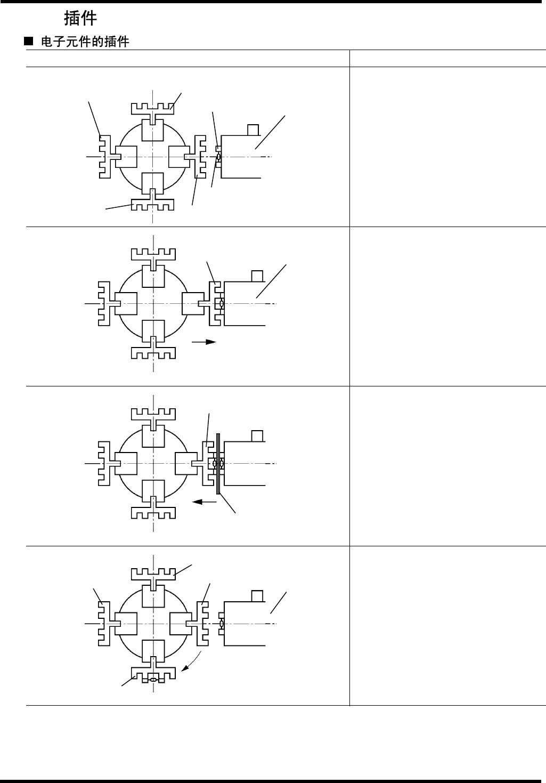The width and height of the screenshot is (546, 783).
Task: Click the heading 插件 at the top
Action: coord(80,19)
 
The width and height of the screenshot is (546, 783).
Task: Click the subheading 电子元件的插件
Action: coord(85,42)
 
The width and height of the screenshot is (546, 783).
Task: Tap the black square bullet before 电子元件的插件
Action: coord(29,41)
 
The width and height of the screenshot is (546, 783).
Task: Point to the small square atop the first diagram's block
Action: coord(254,130)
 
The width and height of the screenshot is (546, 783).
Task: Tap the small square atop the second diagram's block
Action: coord(257,276)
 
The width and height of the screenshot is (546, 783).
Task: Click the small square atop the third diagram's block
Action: coord(257,435)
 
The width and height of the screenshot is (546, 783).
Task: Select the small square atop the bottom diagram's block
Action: coord(257,595)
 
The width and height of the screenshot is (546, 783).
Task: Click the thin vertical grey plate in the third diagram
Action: coord(218,464)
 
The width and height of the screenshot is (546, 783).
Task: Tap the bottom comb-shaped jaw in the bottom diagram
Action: coord(153,674)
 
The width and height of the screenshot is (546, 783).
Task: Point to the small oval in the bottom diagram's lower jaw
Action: coord(153,680)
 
